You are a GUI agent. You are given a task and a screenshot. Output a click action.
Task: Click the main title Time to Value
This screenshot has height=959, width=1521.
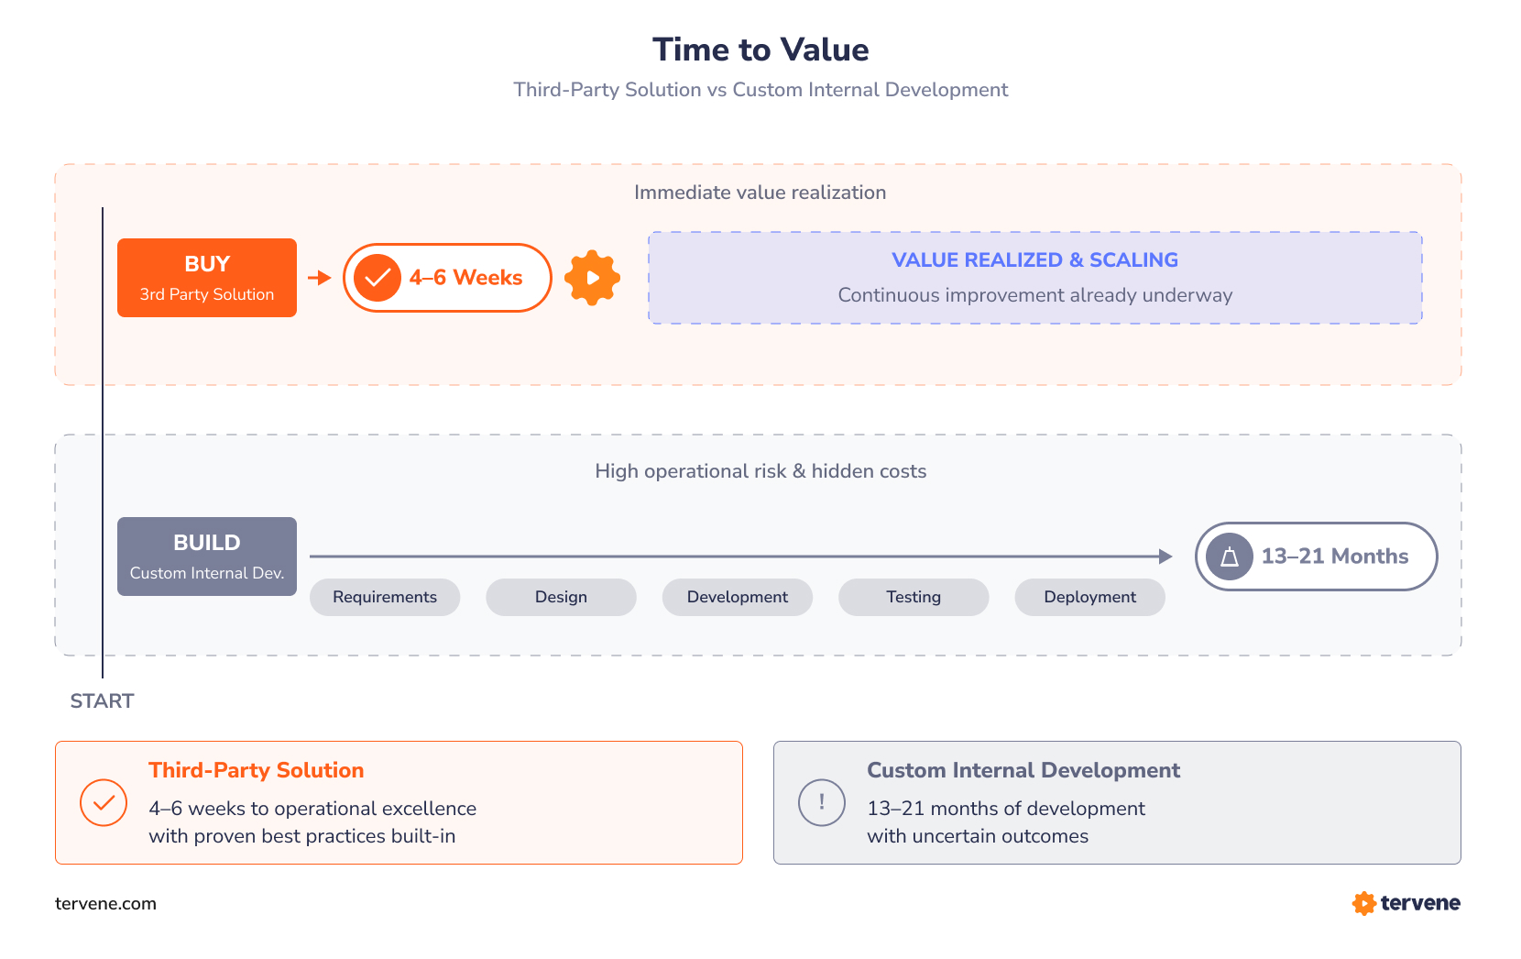click(x=760, y=50)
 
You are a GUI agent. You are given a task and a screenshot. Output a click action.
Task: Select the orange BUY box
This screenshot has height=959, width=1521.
click(x=207, y=278)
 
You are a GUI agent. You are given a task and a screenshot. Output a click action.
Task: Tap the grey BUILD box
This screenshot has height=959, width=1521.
click(x=207, y=557)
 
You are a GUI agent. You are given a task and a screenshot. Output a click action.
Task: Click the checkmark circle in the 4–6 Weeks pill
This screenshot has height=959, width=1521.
click(x=378, y=278)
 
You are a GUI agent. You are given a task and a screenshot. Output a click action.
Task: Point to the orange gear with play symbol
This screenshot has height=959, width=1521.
click(x=592, y=278)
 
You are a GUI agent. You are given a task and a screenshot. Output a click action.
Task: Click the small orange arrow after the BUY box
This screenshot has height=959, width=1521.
click(x=319, y=278)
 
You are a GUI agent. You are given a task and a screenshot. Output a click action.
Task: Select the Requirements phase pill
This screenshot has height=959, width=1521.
click(x=385, y=597)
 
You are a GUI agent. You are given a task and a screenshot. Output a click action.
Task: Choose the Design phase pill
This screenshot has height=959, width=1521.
click(x=561, y=597)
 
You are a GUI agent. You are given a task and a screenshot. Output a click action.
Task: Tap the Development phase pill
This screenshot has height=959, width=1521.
click(x=738, y=597)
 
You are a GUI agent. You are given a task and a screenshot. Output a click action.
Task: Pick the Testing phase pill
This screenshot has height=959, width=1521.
click(x=914, y=597)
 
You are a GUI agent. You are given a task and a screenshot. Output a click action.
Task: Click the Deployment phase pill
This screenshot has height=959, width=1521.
click(x=1089, y=597)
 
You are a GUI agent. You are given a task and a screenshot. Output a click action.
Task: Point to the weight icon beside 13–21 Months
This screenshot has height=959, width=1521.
click(x=1230, y=557)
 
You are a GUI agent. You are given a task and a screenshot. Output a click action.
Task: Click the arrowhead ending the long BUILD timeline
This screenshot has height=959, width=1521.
click(x=1165, y=557)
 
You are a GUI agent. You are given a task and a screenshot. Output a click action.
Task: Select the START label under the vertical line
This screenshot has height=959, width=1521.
click(x=102, y=701)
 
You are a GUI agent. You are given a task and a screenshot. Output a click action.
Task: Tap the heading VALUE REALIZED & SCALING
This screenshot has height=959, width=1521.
click(x=1035, y=260)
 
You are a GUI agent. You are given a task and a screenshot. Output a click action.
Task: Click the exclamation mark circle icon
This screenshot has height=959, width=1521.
click(x=822, y=802)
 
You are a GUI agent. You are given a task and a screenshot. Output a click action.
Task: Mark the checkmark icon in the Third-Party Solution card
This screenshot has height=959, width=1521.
click(x=104, y=802)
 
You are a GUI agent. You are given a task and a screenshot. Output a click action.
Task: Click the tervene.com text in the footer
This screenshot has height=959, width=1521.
click(x=105, y=904)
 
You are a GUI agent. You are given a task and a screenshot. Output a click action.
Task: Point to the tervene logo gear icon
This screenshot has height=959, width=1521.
click(x=1363, y=903)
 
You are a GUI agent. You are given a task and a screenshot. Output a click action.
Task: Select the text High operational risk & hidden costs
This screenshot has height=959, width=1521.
click(x=760, y=471)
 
